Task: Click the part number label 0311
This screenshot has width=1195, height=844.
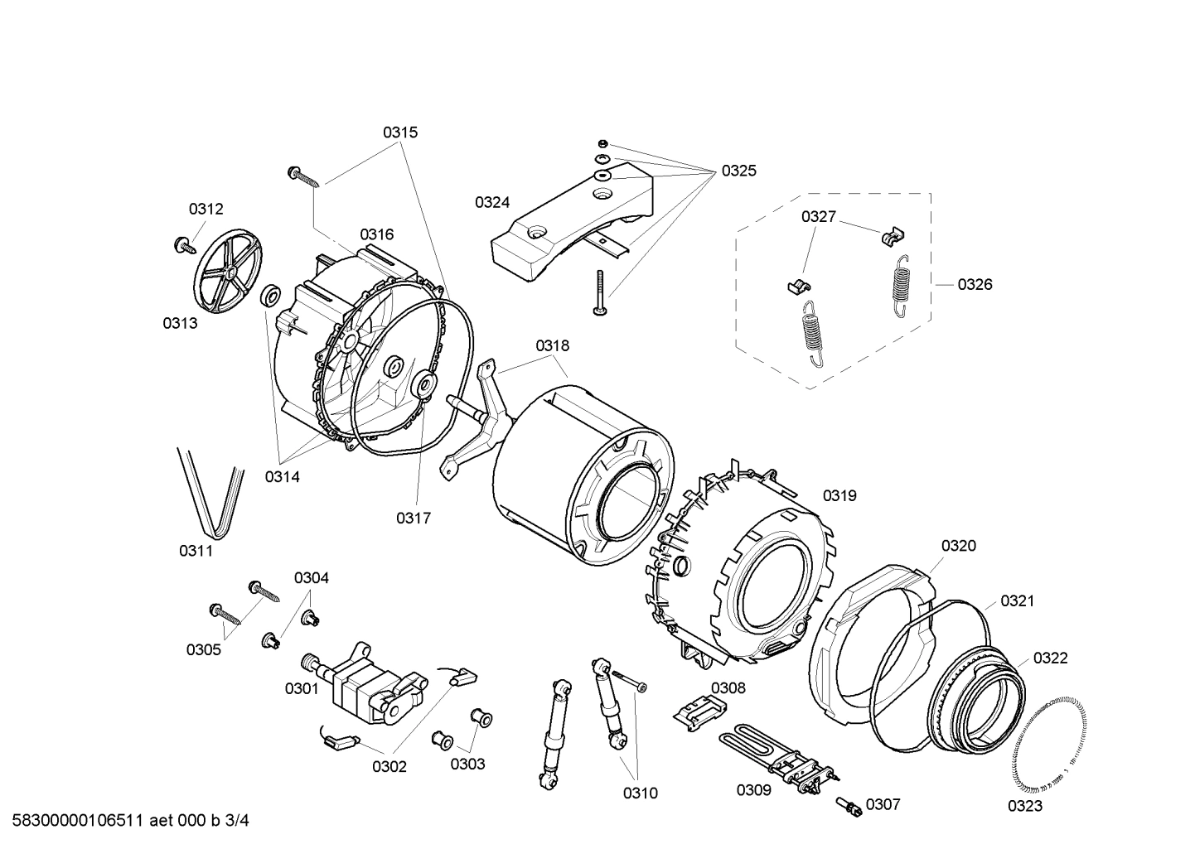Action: point(196,551)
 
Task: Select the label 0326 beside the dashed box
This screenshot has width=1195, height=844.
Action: point(975,284)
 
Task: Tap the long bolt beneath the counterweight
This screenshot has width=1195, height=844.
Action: point(599,294)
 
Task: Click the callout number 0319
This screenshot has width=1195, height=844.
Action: point(839,495)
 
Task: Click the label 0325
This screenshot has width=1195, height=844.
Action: point(738,171)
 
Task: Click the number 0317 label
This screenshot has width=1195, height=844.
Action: point(413,518)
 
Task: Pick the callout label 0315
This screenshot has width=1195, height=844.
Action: point(399,132)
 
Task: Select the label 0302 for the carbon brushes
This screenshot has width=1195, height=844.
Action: point(389,766)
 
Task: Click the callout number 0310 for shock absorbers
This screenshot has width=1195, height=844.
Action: point(640,793)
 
